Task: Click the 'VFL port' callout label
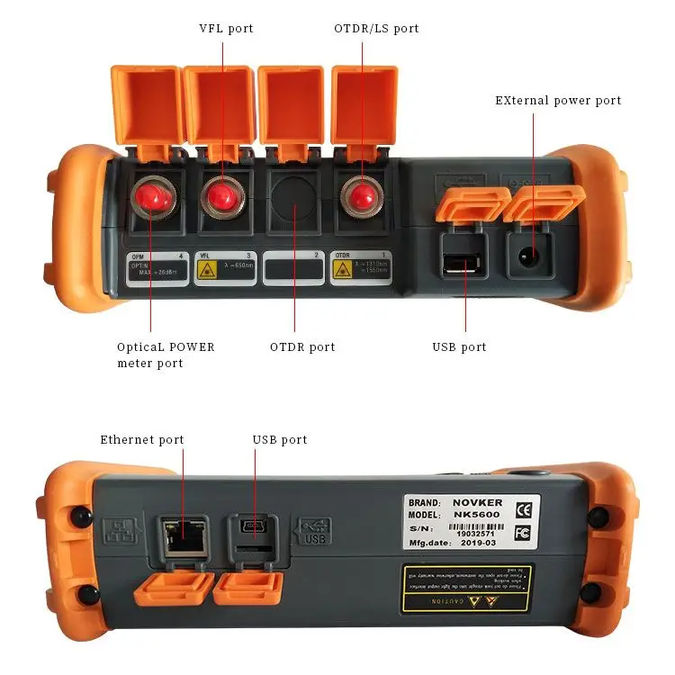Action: pyautogui.click(x=226, y=29)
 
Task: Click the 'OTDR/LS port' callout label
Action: pyautogui.click(x=376, y=29)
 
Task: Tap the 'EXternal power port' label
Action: pyautogui.click(x=558, y=101)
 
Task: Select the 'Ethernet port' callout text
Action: pyautogui.click(x=141, y=440)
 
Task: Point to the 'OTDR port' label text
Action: pyautogui.click(x=302, y=347)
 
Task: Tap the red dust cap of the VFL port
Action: pyautogui.click(x=220, y=195)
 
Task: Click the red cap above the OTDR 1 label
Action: pyautogui.click(x=362, y=195)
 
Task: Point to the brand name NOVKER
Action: pyautogui.click(x=474, y=501)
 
